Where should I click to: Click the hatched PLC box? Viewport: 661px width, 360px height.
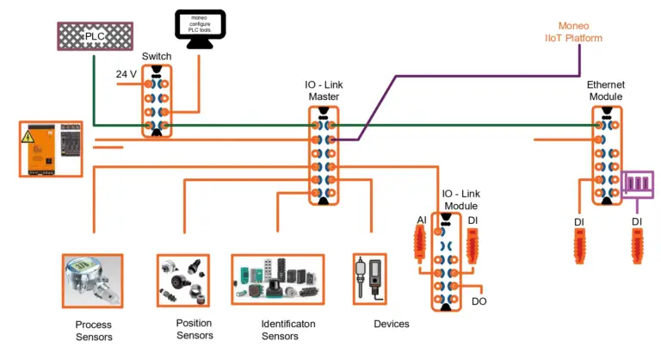point(93,37)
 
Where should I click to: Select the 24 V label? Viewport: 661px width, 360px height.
point(127,74)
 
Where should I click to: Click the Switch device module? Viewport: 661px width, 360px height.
point(157,101)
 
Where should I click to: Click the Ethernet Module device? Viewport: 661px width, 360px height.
point(607,155)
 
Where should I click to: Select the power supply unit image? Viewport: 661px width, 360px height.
point(51,149)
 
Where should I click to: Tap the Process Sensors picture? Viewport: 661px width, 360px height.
point(92,281)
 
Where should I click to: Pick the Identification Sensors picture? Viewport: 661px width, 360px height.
point(277,280)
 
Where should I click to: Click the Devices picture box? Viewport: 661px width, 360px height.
point(371,280)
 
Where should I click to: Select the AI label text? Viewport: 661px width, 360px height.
point(421,221)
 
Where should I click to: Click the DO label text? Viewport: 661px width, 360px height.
point(479,302)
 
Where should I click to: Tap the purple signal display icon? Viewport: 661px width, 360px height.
point(639,184)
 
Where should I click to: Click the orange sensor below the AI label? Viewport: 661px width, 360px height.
point(420,245)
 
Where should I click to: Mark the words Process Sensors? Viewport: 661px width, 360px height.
point(95,330)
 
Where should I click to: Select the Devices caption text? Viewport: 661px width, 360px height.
point(392,324)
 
